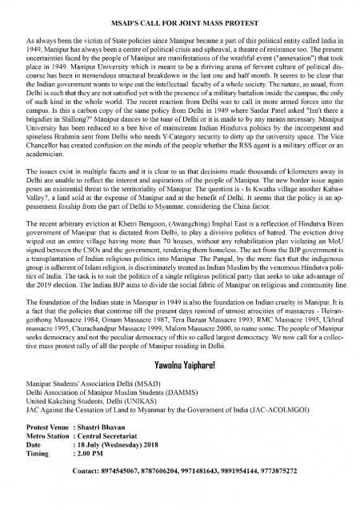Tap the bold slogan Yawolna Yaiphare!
[181, 391]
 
